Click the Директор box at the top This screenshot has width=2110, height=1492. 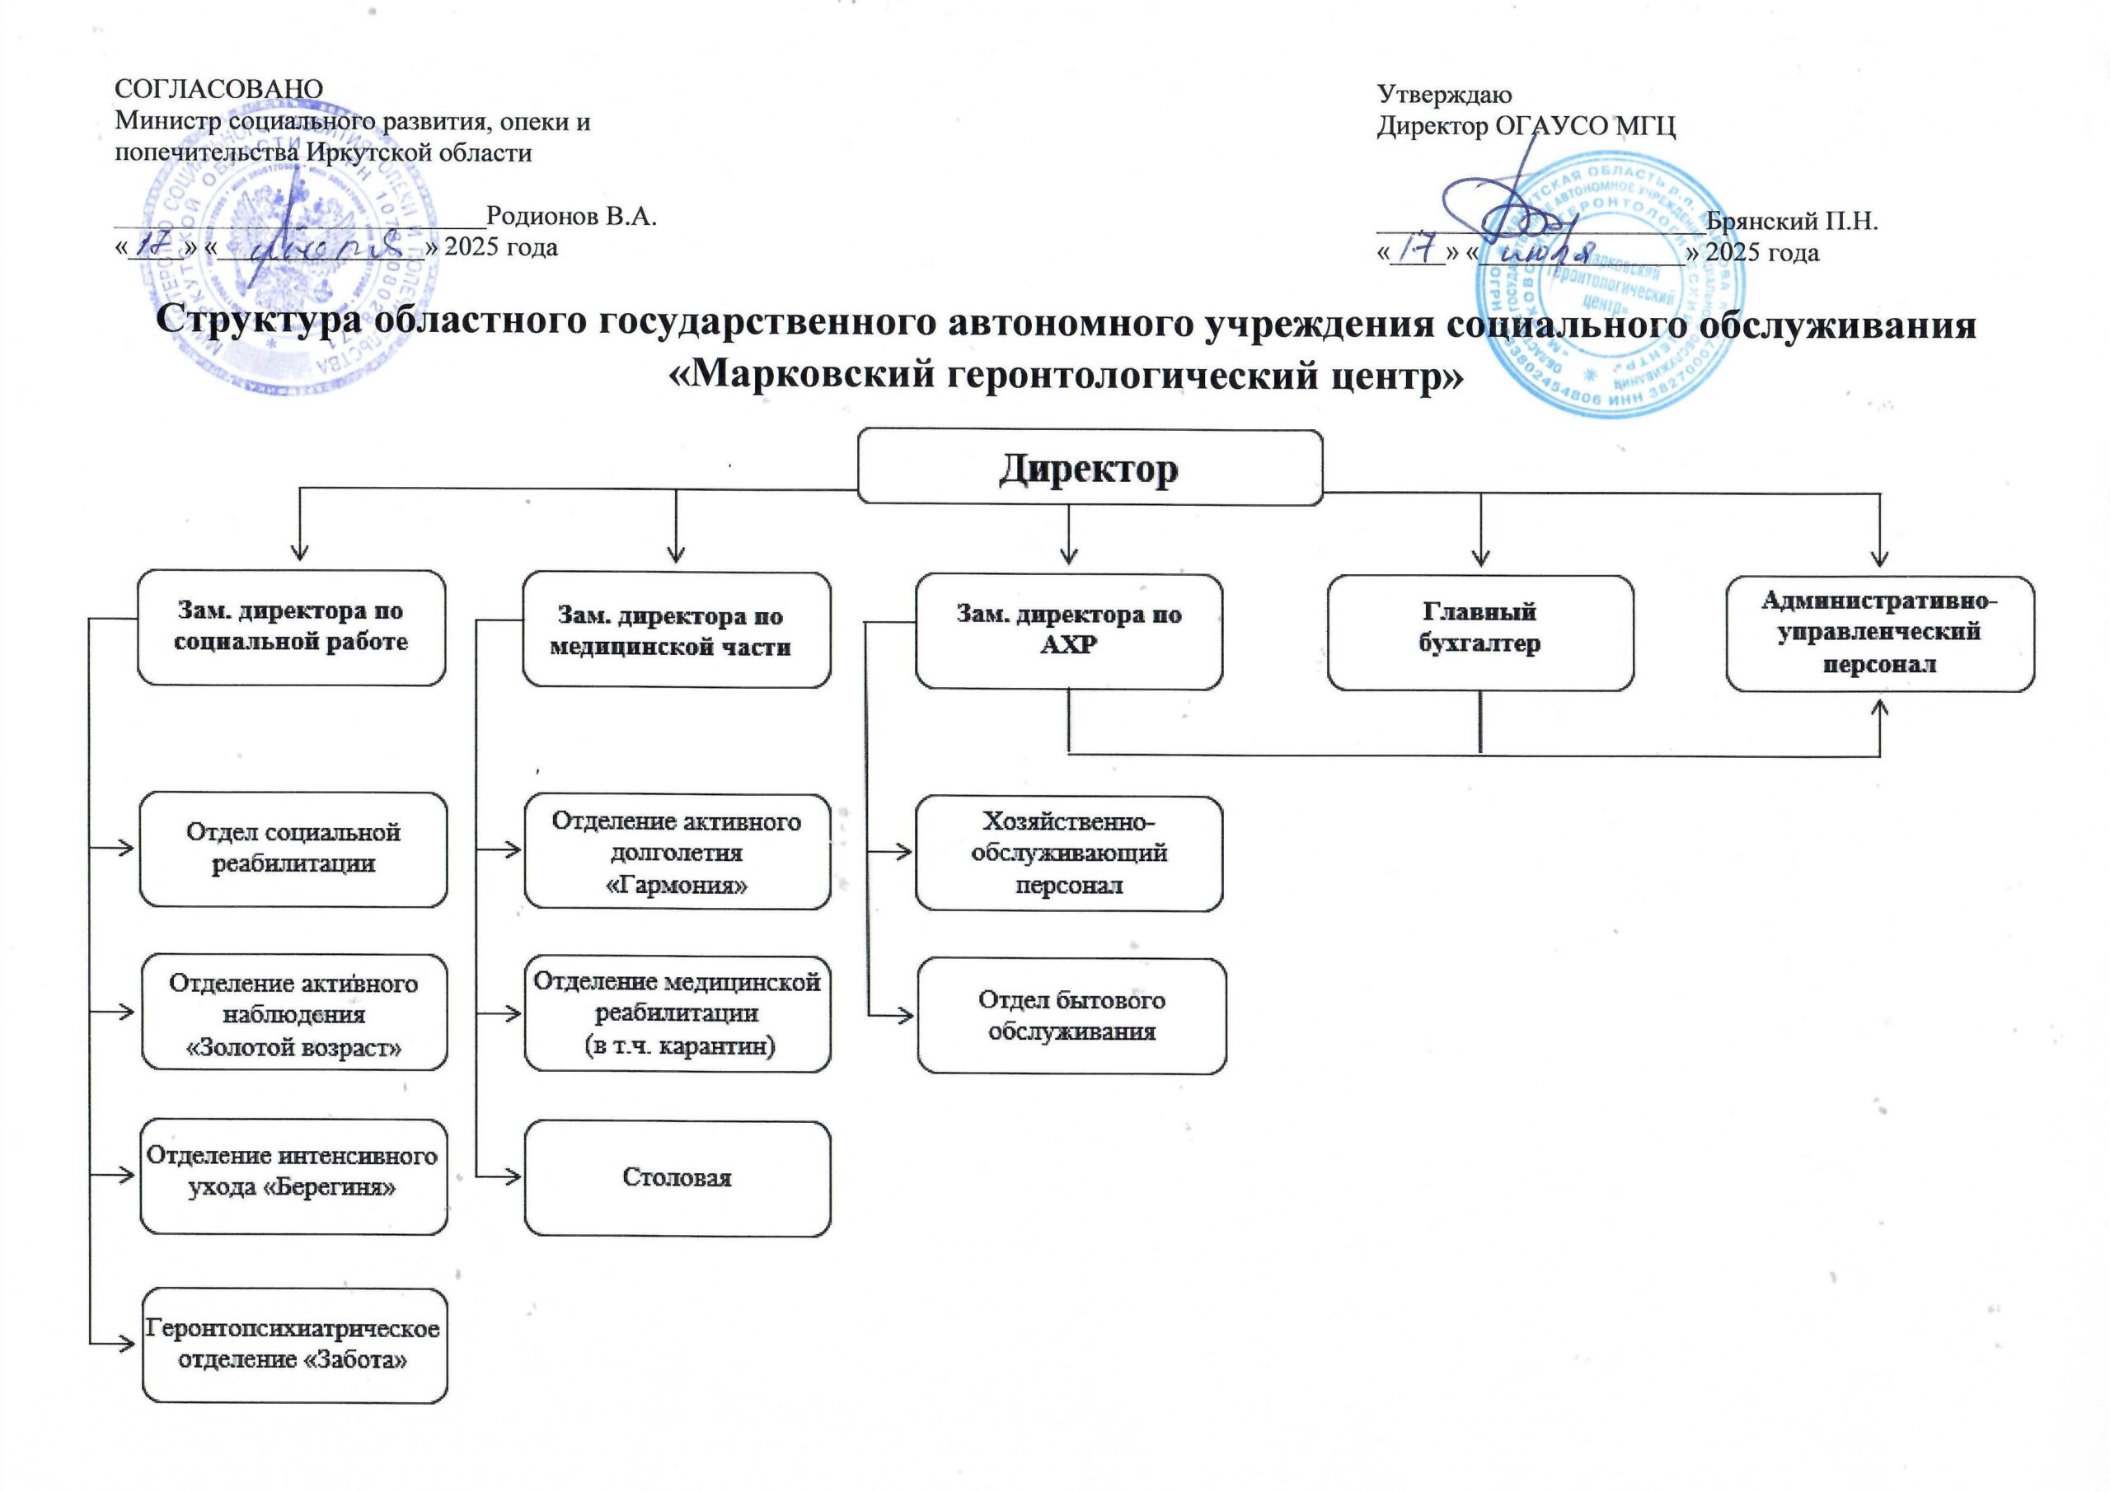tap(1089, 468)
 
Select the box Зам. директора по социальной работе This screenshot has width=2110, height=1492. tap(291, 628)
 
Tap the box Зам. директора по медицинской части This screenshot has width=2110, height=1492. tap(677, 630)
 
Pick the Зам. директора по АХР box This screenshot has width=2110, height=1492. tap(1069, 631)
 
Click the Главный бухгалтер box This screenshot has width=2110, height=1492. tap(1479, 632)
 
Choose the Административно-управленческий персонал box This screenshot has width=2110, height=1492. tap(1880, 633)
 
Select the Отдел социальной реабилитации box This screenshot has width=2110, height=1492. tap(293, 849)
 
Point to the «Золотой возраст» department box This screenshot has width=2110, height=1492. tap(294, 1012)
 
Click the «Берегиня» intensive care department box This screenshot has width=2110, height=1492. tap(294, 1176)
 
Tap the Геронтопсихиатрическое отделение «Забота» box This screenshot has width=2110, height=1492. tap(294, 1344)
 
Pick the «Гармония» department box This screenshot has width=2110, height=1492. tap(678, 852)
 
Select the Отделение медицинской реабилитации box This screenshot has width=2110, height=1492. tap(678, 1013)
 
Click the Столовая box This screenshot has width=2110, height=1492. tap(678, 1178)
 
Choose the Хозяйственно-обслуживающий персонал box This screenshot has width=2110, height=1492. tap(1069, 853)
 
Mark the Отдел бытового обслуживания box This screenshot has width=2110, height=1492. tap(1071, 1015)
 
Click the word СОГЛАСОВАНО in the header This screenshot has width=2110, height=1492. tap(218, 89)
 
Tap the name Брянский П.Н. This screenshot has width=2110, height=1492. tap(1791, 222)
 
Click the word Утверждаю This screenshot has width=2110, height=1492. tap(1444, 95)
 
